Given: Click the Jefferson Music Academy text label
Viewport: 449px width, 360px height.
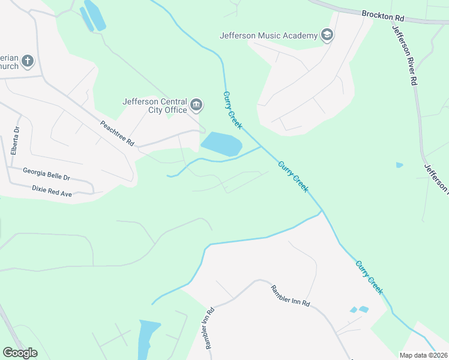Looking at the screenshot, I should point(268,35).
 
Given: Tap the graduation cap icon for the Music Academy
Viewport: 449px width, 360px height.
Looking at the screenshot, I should point(327,35).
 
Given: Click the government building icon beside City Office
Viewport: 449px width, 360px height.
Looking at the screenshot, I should point(196,106).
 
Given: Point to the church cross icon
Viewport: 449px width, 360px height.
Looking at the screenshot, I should point(28,61).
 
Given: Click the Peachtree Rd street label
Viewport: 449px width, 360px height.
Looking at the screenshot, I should point(117,134).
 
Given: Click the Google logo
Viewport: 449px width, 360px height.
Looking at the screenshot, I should point(20,353).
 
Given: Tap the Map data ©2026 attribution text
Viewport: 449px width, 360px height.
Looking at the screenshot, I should point(423,355).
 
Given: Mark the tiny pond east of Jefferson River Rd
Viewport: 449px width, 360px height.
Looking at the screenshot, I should point(400,165).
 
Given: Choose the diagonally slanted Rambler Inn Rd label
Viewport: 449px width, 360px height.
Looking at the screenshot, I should point(290,295).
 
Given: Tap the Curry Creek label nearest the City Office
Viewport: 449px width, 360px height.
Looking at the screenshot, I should point(232,110).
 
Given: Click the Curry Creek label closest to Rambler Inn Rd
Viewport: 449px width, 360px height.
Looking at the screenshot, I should point(369,277).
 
